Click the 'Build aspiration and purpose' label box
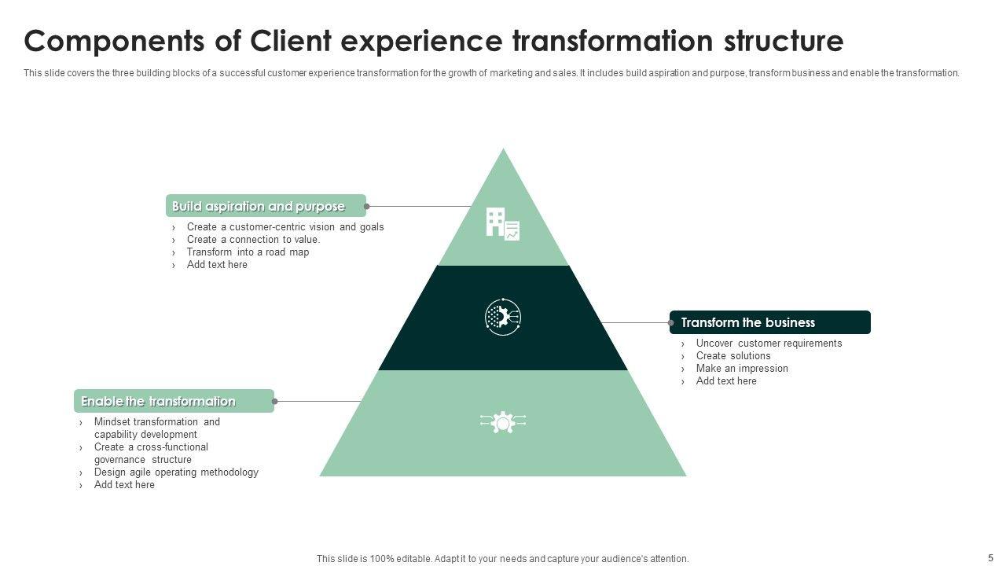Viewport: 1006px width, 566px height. pyautogui.click(x=266, y=206)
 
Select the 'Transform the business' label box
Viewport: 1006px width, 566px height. pyautogui.click(x=770, y=322)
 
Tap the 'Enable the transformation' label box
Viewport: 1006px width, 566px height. pyautogui.click(x=174, y=401)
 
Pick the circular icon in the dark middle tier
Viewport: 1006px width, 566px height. pyautogui.click(x=503, y=317)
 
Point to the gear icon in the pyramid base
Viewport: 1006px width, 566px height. pyautogui.click(x=503, y=423)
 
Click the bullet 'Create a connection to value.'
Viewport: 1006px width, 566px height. pyautogui.click(x=253, y=240)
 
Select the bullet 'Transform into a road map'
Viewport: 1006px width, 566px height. pyautogui.click(x=248, y=252)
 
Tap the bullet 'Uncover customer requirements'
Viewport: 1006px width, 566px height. pyautogui.click(x=769, y=344)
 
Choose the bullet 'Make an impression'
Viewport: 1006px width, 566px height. pyautogui.click(x=742, y=369)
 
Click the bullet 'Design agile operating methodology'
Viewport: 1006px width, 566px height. pyautogui.click(x=176, y=472)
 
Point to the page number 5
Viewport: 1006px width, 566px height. pyautogui.click(x=990, y=557)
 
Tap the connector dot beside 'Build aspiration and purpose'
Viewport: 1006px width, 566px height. pyautogui.click(x=367, y=207)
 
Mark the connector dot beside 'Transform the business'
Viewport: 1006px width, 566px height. pyautogui.click(x=671, y=322)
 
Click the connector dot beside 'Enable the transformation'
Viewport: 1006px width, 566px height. pyautogui.click(x=274, y=402)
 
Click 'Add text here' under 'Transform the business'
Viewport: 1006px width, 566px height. pyautogui.click(x=726, y=381)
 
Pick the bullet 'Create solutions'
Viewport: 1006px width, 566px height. pyautogui.click(x=733, y=356)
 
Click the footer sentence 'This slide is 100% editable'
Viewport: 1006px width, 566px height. pyautogui.click(x=502, y=559)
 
